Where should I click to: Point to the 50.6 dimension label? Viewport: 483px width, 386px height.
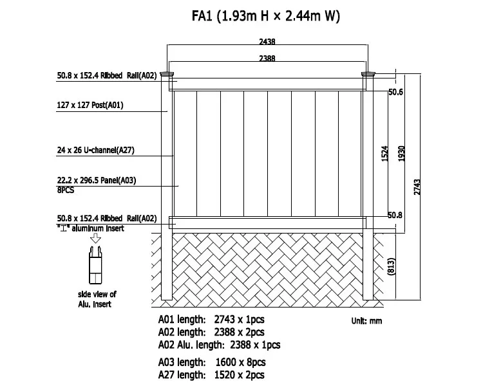click(395, 93)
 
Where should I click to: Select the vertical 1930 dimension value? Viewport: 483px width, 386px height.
click(401, 153)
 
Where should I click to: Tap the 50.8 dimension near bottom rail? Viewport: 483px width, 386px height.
click(395, 215)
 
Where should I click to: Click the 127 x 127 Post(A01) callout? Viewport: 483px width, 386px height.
click(90, 105)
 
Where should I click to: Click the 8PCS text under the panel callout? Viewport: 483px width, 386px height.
click(66, 190)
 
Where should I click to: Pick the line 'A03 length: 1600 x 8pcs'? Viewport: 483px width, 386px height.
click(212, 362)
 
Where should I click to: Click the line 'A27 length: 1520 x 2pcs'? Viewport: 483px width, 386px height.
click(212, 374)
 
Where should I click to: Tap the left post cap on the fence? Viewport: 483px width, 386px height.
click(167, 75)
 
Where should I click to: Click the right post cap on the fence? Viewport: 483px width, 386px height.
click(368, 75)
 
